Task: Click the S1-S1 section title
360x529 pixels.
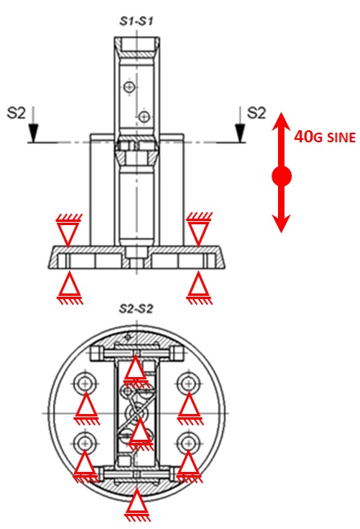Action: click(136, 21)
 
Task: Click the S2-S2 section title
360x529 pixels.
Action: click(136, 309)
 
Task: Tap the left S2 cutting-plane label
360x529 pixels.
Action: click(16, 113)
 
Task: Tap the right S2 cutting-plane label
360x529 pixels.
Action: click(256, 113)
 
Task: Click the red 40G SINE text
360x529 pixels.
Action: click(325, 137)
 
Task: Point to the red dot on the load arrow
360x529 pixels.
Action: click(281, 176)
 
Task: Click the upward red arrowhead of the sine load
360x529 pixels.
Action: click(281, 121)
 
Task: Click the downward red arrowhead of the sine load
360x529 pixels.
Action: click(281, 223)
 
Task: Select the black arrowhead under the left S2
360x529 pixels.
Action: click(33, 133)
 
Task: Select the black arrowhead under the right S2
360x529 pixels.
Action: click(240, 133)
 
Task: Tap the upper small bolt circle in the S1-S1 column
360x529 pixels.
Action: click(129, 87)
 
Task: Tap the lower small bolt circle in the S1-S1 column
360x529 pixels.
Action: click(145, 117)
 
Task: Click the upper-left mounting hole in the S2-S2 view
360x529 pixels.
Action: click(85, 383)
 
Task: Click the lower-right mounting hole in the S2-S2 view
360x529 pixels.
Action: click(188, 443)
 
